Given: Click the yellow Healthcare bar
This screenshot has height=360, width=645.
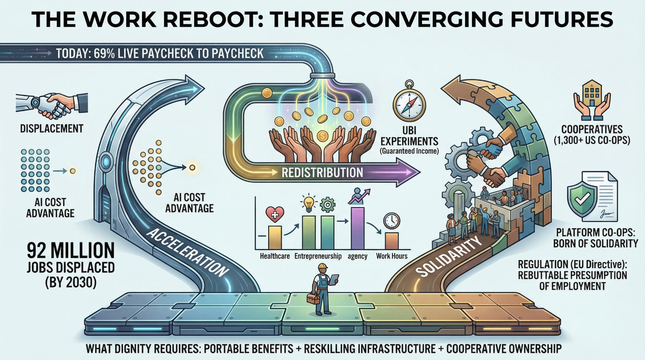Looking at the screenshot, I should tap(275, 237).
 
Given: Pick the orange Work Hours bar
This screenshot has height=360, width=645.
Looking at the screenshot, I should tap(391, 241).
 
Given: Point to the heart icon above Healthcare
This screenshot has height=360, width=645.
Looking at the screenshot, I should tap(275, 214).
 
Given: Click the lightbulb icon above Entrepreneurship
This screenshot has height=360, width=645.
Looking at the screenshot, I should tap(308, 203).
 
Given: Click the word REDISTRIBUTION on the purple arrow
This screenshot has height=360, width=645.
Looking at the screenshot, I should tap(322, 172).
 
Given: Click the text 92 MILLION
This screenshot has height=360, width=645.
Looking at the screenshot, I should tap(71, 250).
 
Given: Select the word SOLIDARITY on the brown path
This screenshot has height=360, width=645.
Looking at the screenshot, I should tap(449, 256).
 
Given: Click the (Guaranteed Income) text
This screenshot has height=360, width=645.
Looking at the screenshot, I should tap(409, 151).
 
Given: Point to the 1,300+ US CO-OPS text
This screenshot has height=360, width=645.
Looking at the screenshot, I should tap(592, 140).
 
